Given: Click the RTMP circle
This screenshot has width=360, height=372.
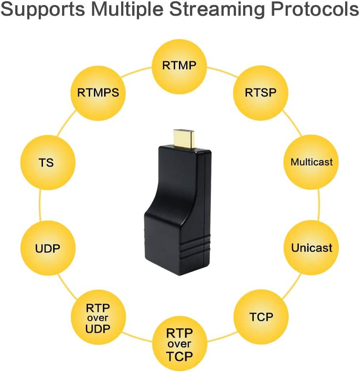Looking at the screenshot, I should pyautogui.click(x=179, y=66).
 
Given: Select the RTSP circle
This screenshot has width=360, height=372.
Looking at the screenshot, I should pyautogui.click(x=261, y=92).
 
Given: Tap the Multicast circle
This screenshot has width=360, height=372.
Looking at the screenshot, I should pyautogui.click(x=311, y=162).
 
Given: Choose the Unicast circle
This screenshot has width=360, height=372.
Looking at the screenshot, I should pyautogui.click(x=311, y=248).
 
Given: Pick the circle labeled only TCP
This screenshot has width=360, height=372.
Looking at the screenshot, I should pyautogui.click(x=261, y=317).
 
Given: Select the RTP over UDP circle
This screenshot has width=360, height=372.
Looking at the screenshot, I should pyautogui.click(x=98, y=318).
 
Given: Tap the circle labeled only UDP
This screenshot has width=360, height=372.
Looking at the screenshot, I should pyautogui.click(x=48, y=248).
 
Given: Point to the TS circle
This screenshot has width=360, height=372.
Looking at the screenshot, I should pyautogui.click(x=48, y=162).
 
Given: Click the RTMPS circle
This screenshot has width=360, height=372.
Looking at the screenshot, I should pyautogui.click(x=98, y=92).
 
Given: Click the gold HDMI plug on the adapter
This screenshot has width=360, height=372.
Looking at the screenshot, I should pyautogui.click(x=184, y=137).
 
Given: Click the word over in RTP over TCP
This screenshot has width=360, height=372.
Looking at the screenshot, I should pyautogui.click(x=179, y=344).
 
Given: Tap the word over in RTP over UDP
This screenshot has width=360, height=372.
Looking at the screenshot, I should pyautogui.click(x=98, y=318).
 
